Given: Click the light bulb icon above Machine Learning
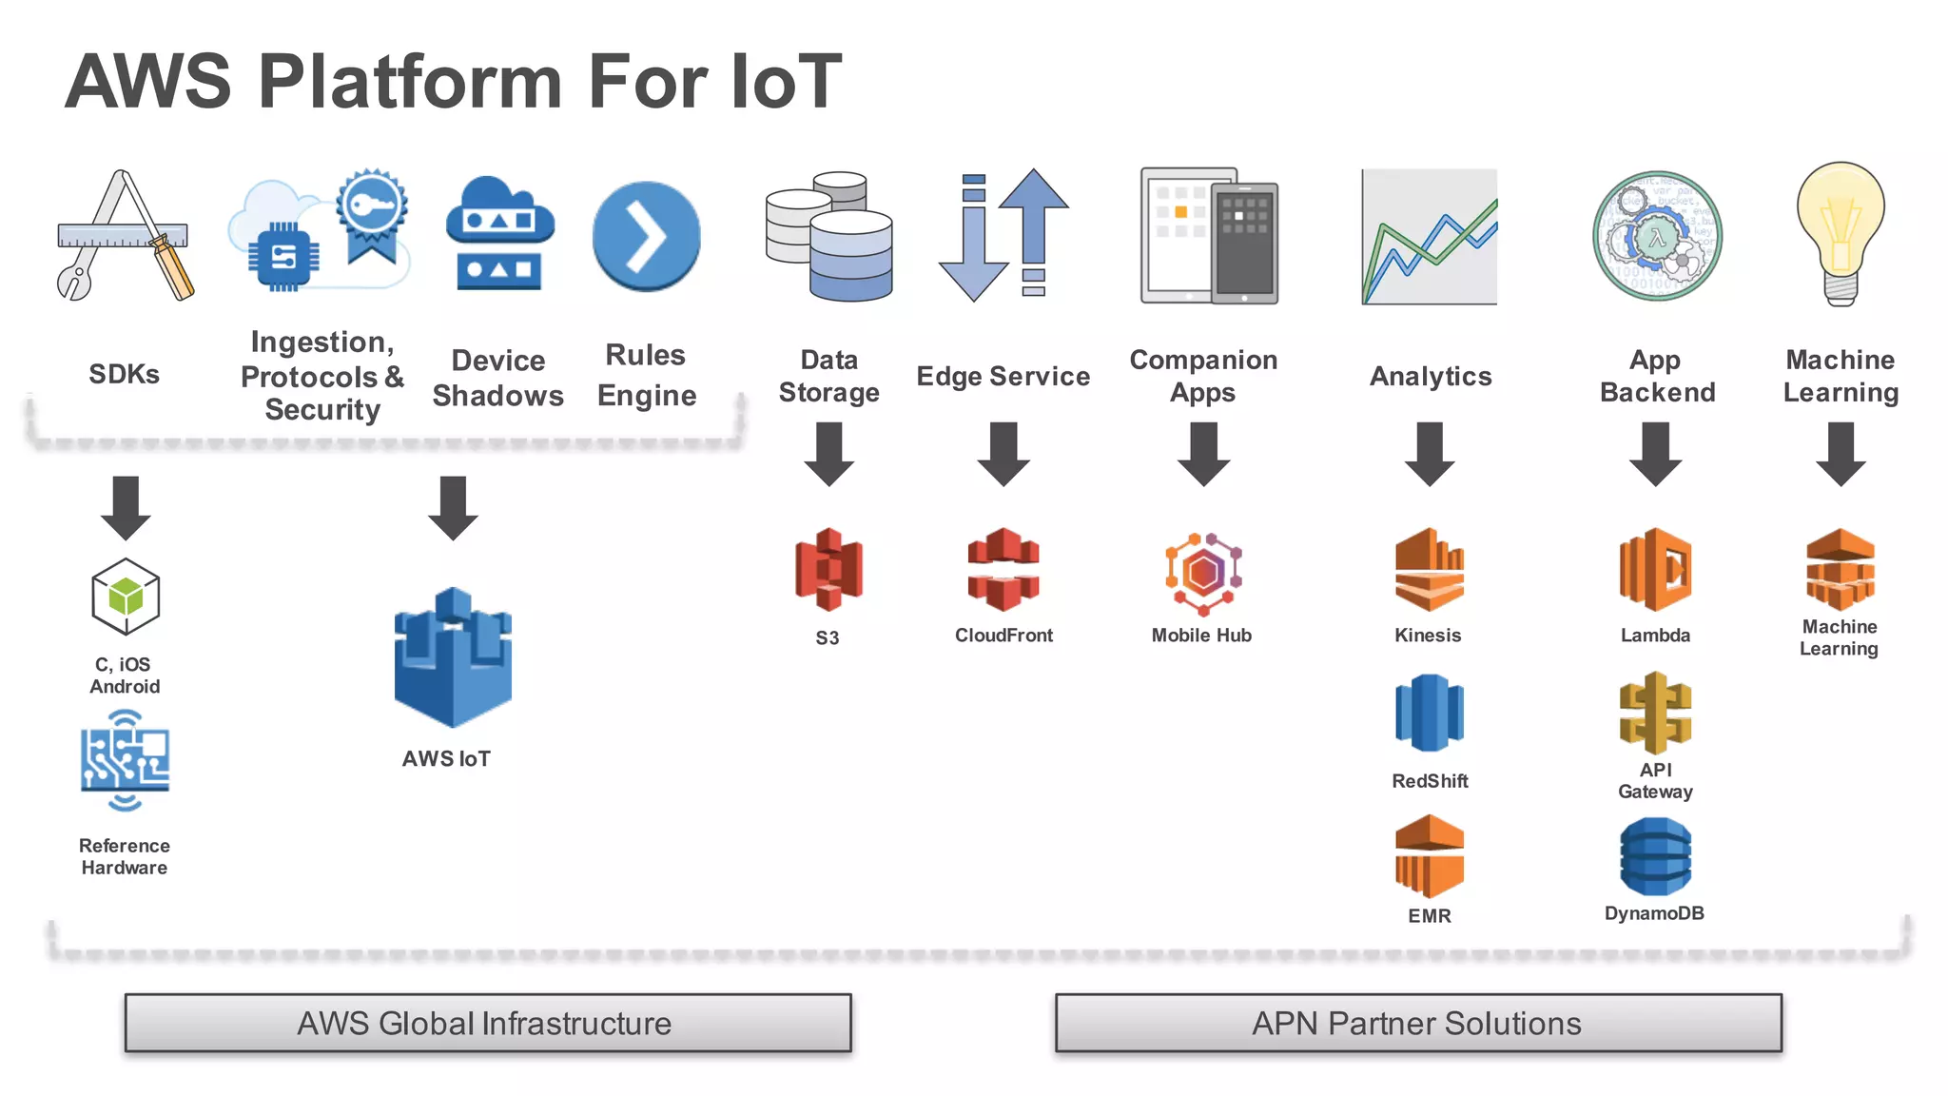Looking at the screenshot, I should coord(1841,233).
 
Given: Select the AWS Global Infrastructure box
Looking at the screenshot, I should coord(487,1023).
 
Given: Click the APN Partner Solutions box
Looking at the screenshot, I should coord(1417,1023).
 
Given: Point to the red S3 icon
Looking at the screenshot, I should coord(828,569).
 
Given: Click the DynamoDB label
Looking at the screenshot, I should coord(1654,913).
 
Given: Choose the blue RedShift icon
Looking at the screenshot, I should coord(1429,713).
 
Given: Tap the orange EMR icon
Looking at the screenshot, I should coord(1429,856).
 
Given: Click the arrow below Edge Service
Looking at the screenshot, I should coord(1003,454).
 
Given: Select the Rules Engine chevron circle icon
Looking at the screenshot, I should coord(646,236).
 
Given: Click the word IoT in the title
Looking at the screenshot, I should coord(786,82).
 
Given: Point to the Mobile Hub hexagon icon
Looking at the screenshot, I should coord(1203,574).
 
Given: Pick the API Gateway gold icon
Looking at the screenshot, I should coord(1655,713).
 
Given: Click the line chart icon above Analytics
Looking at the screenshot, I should coord(1429,237).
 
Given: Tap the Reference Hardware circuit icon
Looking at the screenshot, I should coord(125,761).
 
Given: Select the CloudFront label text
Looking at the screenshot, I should coord(1003,636).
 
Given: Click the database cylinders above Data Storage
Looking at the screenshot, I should coord(830,237).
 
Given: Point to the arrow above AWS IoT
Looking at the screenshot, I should coord(453,507).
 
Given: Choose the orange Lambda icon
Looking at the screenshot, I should coord(1655,569).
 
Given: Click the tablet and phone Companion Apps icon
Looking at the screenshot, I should coord(1209,237).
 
